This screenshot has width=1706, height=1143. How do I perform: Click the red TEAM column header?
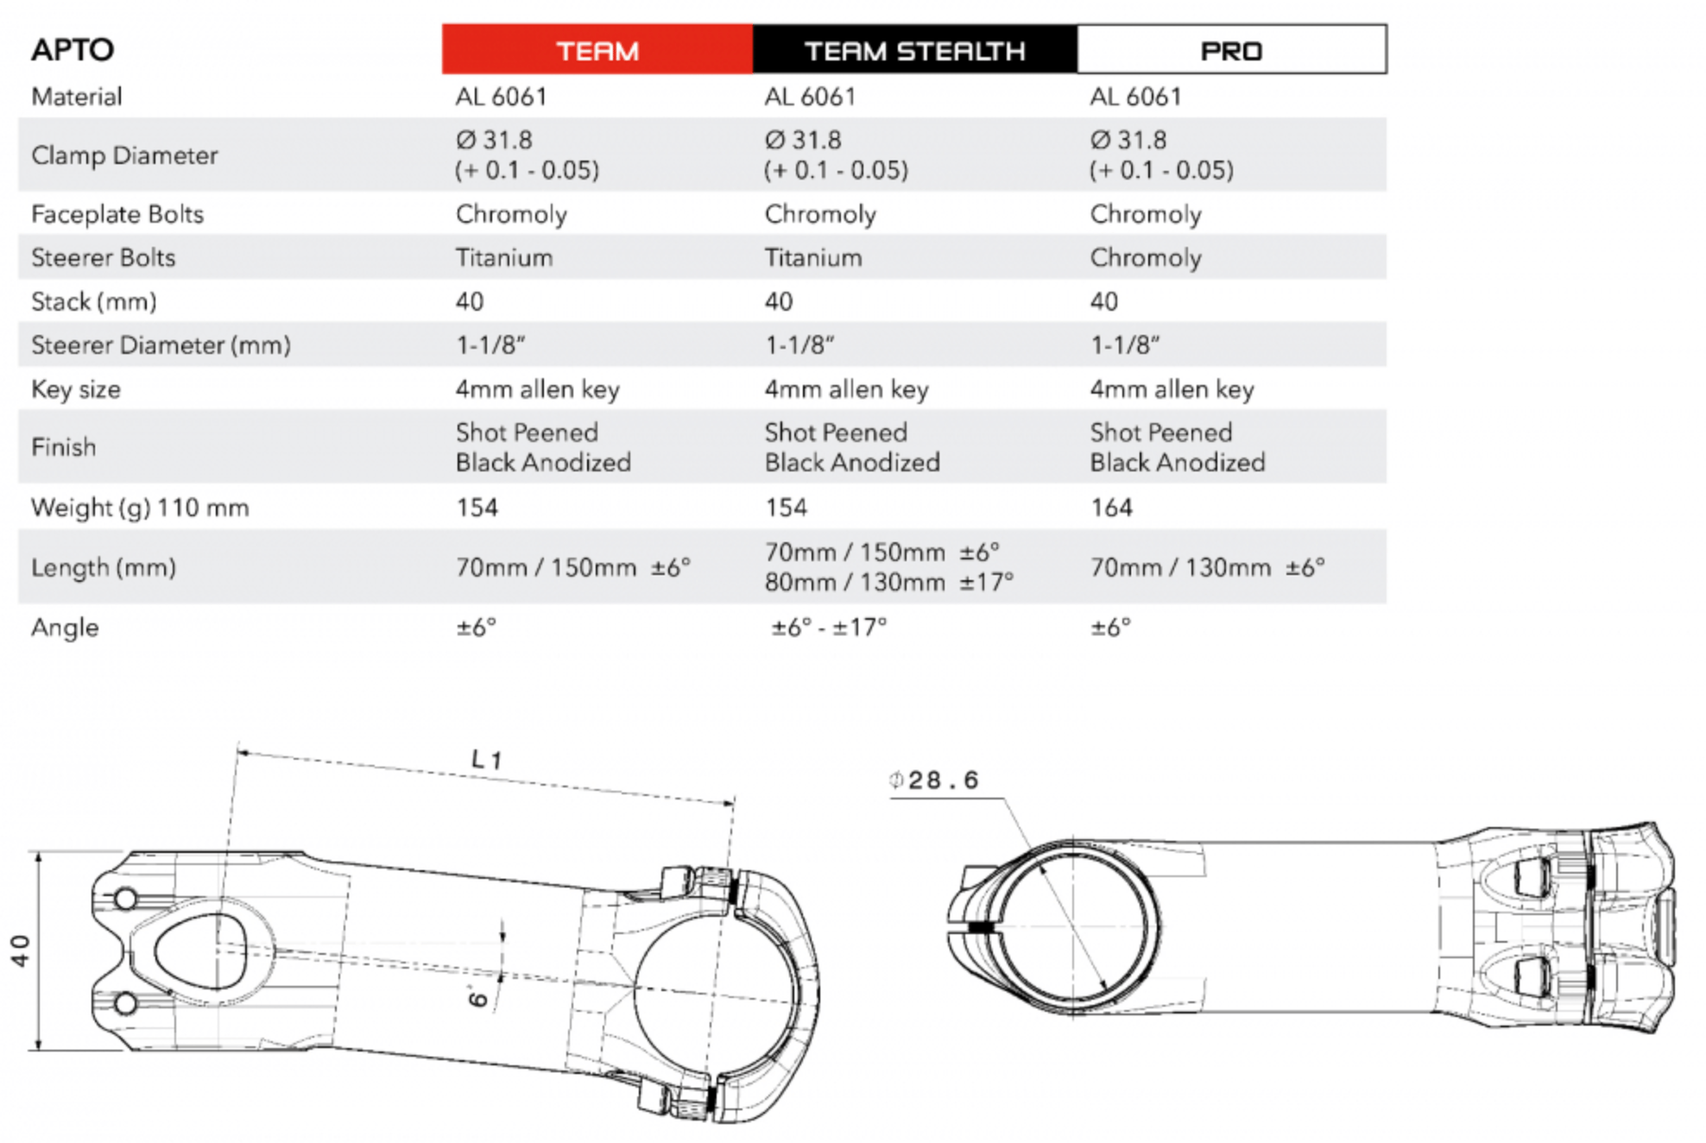click(597, 50)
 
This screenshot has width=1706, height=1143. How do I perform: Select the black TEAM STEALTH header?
click(914, 50)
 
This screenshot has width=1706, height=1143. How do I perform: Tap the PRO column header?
click(1231, 50)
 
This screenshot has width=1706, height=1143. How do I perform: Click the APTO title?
click(73, 49)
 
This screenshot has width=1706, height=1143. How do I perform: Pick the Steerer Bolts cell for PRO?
click(1145, 257)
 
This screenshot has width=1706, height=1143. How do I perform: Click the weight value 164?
click(1111, 507)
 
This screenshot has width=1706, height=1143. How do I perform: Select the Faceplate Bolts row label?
click(117, 214)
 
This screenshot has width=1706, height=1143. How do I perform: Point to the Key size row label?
click(76, 389)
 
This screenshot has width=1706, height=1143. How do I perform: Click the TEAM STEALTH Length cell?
click(888, 567)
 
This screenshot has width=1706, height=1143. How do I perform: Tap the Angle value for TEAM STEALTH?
click(829, 628)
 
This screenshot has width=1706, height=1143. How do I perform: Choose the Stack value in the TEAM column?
click(470, 301)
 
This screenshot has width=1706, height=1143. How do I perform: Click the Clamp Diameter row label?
click(124, 155)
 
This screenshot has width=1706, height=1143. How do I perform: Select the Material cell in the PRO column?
click(1135, 97)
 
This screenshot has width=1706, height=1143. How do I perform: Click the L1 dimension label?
click(486, 760)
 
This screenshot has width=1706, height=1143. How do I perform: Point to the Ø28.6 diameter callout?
click(935, 780)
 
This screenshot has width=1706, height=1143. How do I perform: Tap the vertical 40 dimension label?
click(20, 950)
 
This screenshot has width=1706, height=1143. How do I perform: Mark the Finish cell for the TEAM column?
click(543, 447)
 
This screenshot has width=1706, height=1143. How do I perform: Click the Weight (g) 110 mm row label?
click(140, 508)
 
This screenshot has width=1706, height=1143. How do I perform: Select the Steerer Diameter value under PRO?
click(1125, 345)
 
